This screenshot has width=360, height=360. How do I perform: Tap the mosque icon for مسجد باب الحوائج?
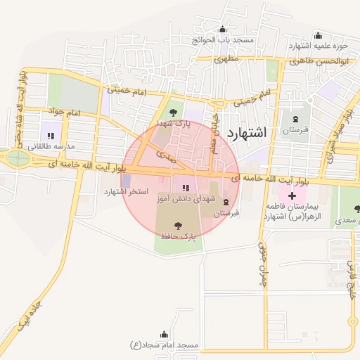(x=223, y=30)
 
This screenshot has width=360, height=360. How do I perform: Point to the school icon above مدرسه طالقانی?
(x=51, y=135)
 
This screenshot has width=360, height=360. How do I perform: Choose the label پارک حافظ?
(x=179, y=238)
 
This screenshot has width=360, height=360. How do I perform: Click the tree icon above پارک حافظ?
(x=178, y=226)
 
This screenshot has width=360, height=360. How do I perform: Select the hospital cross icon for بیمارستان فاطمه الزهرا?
(x=291, y=193)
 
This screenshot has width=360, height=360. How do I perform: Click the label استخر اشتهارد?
(x=124, y=191)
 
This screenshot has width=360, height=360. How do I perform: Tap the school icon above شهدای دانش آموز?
(x=186, y=188)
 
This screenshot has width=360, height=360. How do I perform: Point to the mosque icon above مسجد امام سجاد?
(x=165, y=334)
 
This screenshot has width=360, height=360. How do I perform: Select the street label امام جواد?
(x=65, y=112)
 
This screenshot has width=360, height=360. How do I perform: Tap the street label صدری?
(x=162, y=152)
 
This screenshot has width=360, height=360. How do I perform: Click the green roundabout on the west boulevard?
(x=18, y=158)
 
